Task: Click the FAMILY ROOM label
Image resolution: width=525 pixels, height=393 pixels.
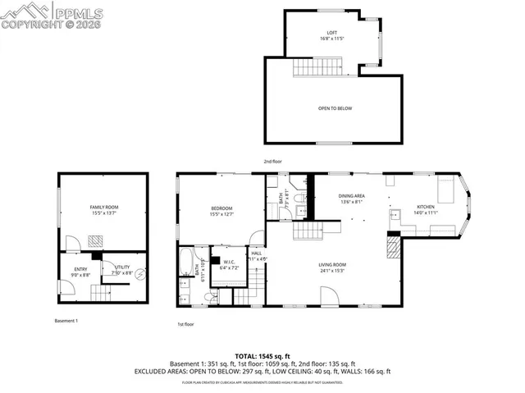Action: (x=103, y=207)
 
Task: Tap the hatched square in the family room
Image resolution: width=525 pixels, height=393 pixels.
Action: (x=95, y=240)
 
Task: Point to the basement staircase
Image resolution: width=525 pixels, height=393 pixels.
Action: (x=100, y=294)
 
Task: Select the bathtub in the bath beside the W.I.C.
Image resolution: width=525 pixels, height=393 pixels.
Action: (x=186, y=267)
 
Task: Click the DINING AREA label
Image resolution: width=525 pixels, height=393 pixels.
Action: (x=352, y=196)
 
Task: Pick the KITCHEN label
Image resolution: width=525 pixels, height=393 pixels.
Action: (x=426, y=207)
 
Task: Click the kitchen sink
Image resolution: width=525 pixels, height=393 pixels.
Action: (x=394, y=215)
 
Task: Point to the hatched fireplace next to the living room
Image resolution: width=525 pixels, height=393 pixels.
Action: (x=395, y=246)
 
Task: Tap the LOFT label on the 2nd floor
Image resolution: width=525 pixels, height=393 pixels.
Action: (x=326, y=33)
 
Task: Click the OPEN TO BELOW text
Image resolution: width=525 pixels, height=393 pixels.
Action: (x=335, y=108)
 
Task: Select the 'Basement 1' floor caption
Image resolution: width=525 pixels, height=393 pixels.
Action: (x=66, y=320)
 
